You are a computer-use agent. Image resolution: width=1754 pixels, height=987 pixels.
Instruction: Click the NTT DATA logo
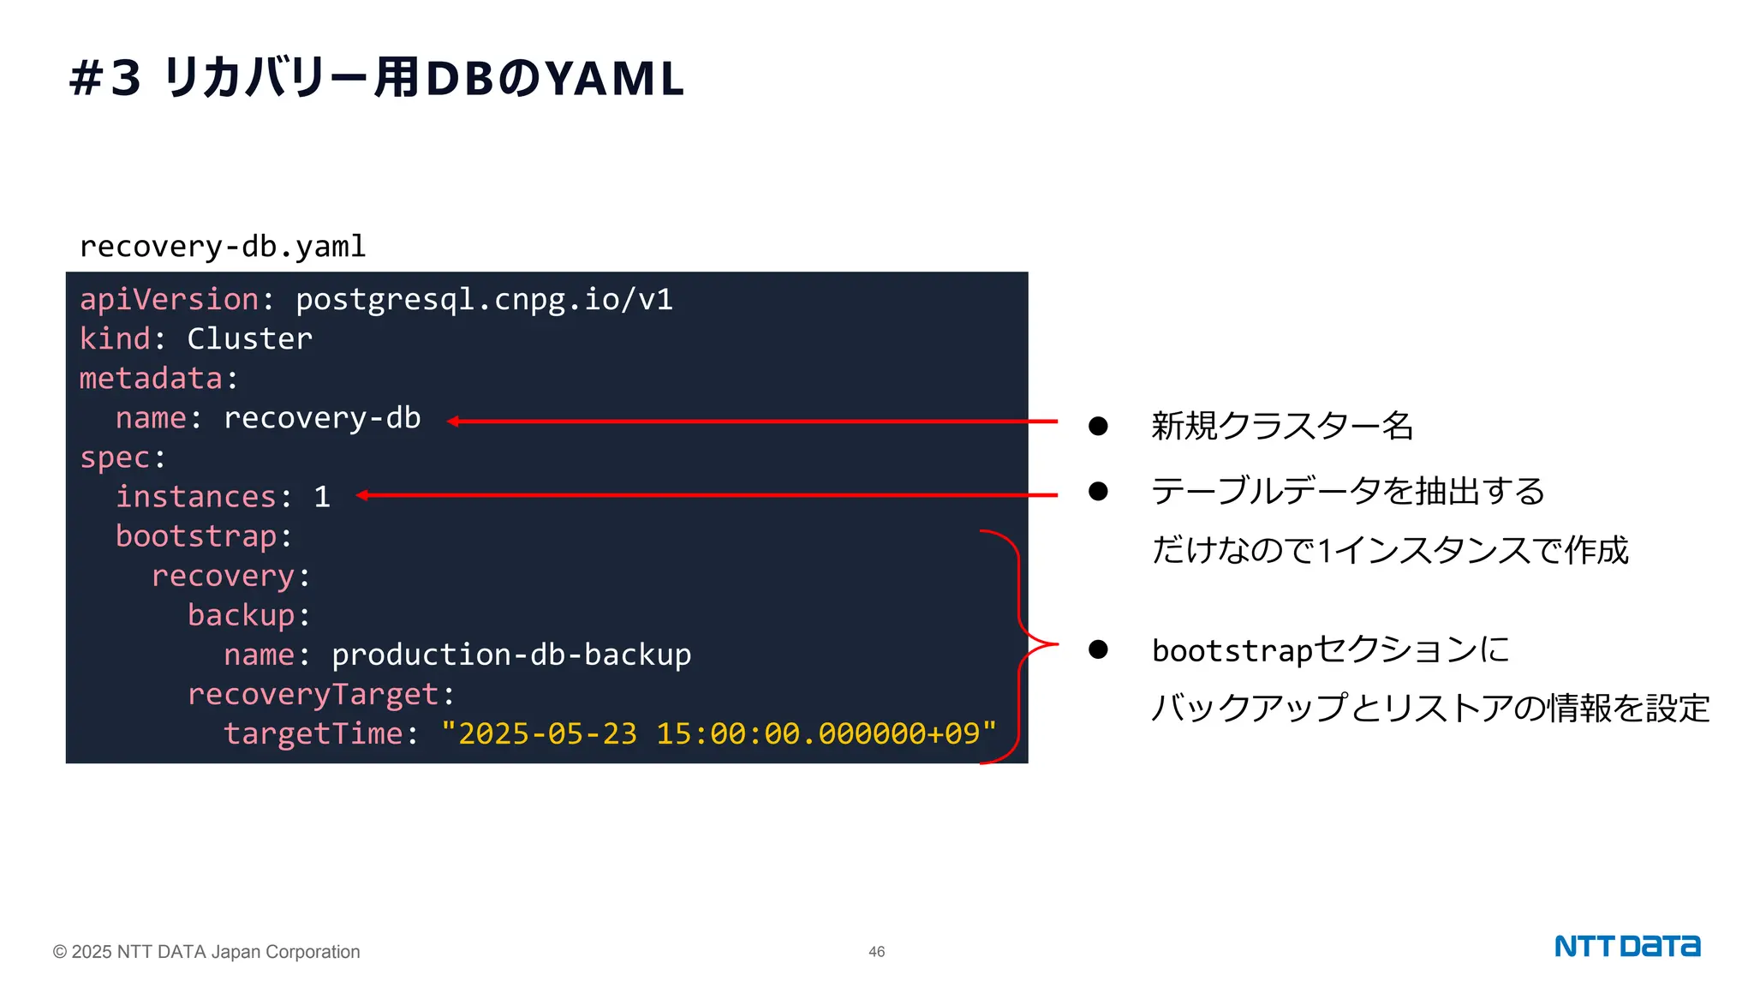(1626, 946)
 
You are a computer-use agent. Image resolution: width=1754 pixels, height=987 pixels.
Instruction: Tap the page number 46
(876, 952)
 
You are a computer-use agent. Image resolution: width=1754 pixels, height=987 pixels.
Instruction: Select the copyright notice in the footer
(206, 952)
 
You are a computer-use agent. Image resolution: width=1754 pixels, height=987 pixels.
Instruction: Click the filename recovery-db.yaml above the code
(223, 247)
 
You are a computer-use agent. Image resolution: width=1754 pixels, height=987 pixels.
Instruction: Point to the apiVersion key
(169, 300)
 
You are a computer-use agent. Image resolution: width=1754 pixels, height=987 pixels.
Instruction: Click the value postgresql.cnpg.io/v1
(484, 300)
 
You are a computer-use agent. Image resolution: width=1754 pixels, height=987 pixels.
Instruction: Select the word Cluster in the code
(249, 339)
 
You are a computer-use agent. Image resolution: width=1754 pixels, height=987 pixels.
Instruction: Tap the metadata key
(151, 379)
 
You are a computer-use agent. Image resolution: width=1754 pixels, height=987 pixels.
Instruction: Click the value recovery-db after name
(322, 418)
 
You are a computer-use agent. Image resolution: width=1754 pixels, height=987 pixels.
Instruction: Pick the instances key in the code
(196, 497)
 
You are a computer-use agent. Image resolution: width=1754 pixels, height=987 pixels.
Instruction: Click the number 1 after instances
(322, 497)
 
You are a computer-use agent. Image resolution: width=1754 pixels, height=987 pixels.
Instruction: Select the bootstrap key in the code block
(196, 536)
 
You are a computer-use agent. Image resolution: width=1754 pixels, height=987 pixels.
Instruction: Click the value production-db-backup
(511, 655)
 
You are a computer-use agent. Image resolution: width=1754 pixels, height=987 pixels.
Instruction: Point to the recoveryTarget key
(313, 695)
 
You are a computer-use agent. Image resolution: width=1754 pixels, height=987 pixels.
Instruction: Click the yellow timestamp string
(719, 734)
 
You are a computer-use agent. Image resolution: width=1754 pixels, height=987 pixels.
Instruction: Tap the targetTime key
(313, 734)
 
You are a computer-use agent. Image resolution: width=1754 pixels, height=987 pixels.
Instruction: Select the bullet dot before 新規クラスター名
(1098, 426)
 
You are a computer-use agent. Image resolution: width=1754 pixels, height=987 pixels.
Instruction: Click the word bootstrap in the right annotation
(1232, 651)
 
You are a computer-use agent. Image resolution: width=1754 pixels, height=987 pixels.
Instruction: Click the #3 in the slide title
(104, 79)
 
